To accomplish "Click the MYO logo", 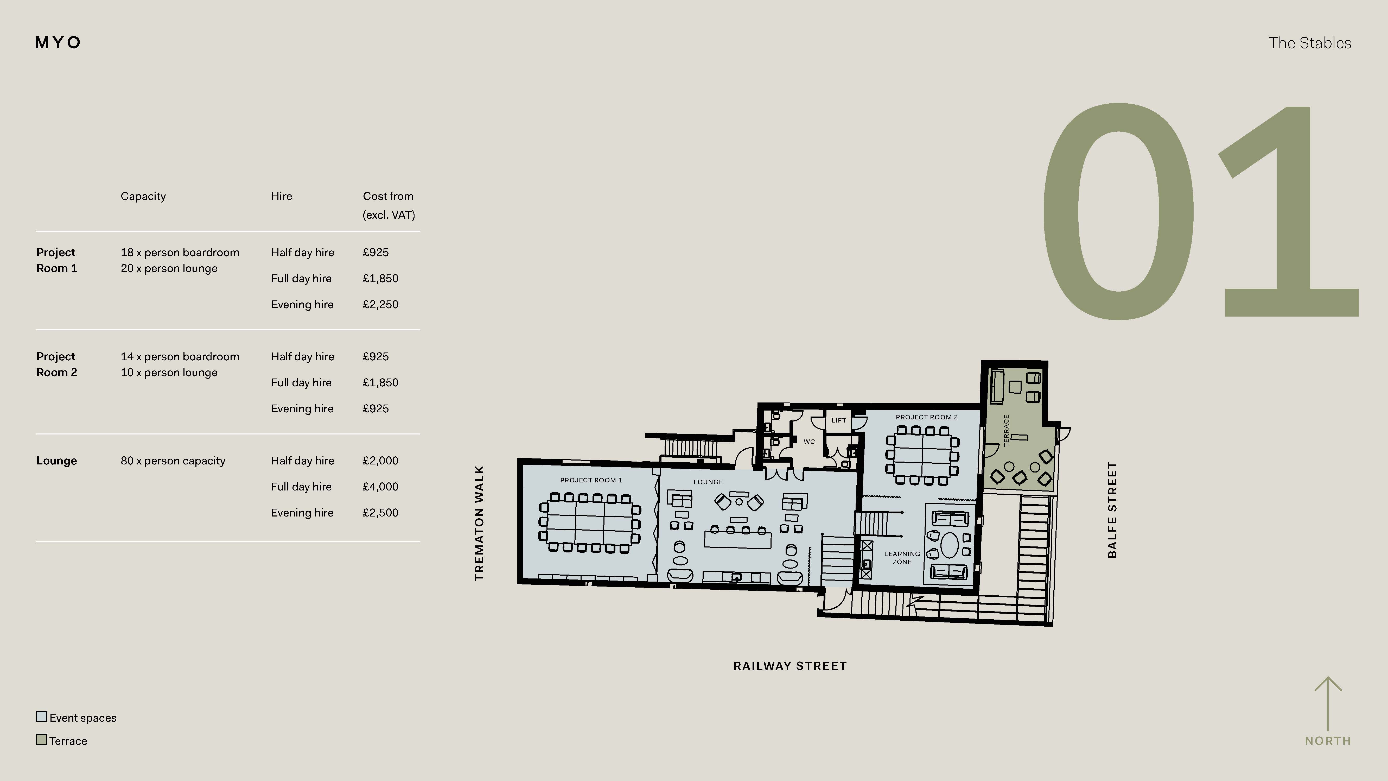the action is (x=58, y=43).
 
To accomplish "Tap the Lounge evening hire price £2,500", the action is (x=380, y=513).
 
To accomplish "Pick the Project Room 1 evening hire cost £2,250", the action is (x=380, y=305).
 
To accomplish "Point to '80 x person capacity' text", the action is (x=173, y=461).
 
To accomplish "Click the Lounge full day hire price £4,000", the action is (x=380, y=487).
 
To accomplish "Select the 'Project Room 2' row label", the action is (x=56, y=364).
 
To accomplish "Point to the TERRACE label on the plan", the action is (x=1006, y=430).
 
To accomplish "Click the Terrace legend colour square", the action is (x=41, y=740).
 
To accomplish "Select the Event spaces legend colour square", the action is (x=41, y=716).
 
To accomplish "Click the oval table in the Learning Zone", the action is (x=949, y=545).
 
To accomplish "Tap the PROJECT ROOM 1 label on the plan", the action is (x=590, y=480).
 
